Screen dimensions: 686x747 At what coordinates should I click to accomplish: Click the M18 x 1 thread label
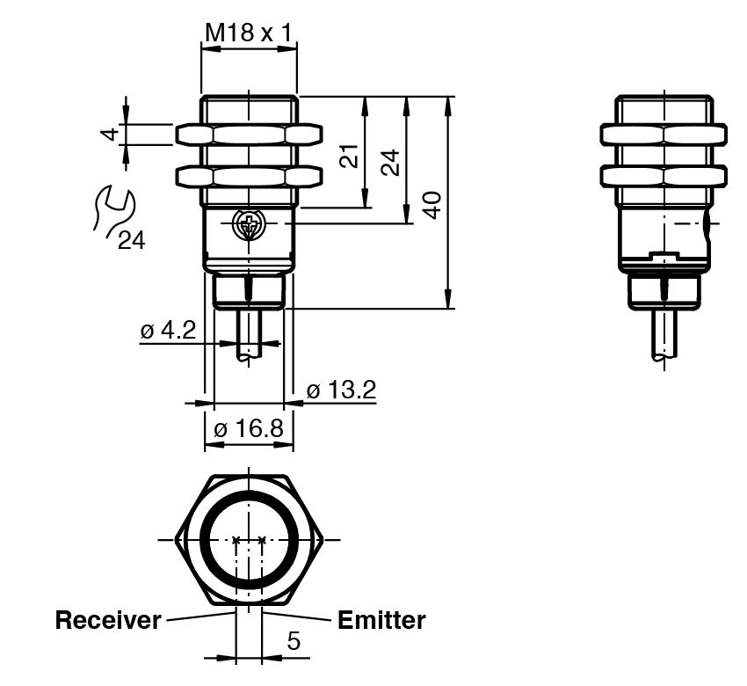[x=249, y=33]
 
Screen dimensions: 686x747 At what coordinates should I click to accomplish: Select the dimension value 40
[x=432, y=204]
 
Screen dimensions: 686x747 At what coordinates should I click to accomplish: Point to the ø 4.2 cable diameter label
[x=167, y=331]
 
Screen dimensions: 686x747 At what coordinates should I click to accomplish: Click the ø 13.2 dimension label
[x=341, y=389]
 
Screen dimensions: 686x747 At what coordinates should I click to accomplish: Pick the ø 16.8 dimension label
[x=249, y=429]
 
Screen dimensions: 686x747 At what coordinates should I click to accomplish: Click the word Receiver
[x=108, y=620]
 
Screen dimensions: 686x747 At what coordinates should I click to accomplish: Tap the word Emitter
[x=381, y=620]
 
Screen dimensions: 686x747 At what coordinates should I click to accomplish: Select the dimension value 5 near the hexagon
[x=294, y=641]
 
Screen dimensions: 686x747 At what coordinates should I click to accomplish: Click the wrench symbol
[x=112, y=211]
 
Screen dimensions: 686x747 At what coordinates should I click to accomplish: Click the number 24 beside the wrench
[x=131, y=240]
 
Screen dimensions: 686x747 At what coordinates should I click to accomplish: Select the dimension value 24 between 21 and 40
[x=391, y=161]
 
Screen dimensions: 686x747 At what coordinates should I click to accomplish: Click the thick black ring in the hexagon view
[x=204, y=538]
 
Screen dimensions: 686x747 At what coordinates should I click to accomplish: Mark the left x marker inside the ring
[x=236, y=539]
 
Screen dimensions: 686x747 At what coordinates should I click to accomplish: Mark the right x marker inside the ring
[x=262, y=539]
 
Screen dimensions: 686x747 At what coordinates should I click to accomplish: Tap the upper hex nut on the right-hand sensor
[x=664, y=134]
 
